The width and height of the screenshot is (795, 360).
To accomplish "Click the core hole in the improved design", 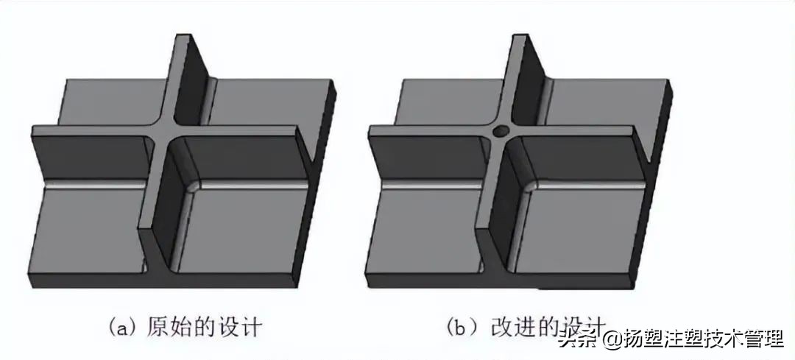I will pos(501,133).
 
